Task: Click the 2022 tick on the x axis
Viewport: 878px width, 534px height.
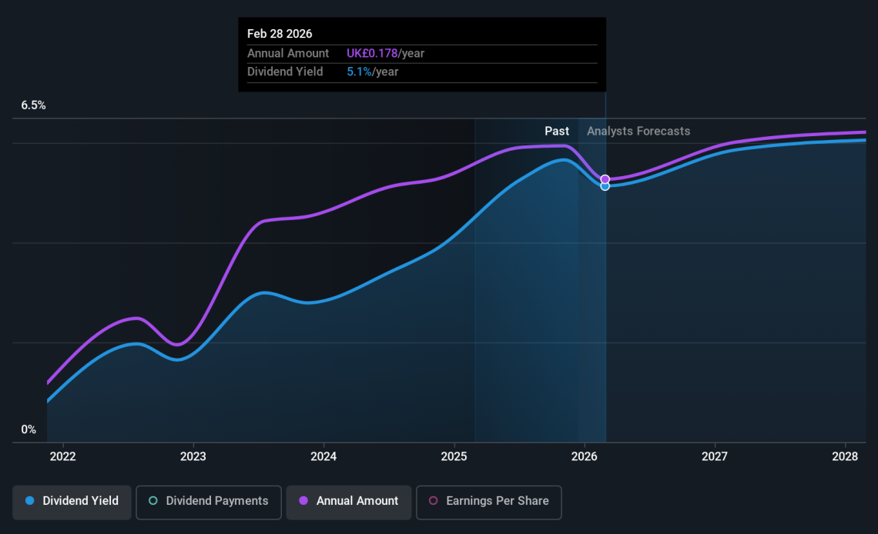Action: point(62,456)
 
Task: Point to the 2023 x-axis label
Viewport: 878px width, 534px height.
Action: point(193,456)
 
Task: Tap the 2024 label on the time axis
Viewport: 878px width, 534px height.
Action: point(323,456)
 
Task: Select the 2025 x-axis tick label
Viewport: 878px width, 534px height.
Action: point(454,456)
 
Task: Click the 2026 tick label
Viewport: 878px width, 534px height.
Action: point(585,456)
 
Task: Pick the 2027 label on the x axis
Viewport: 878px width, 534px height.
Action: point(715,456)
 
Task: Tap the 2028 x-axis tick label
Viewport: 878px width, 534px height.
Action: point(846,456)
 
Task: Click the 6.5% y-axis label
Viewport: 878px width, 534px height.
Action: point(33,105)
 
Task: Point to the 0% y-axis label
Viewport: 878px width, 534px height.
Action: point(28,429)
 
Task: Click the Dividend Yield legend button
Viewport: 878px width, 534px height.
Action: point(72,501)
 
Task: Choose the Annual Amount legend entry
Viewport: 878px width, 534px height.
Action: point(349,501)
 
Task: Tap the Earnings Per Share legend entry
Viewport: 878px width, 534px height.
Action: point(488,501)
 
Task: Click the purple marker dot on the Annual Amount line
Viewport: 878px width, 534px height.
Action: point(605,179)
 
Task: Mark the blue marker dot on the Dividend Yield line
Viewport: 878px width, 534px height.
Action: point(605,186)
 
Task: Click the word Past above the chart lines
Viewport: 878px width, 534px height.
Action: point(557,132)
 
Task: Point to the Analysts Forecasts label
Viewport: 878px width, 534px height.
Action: point(638,132)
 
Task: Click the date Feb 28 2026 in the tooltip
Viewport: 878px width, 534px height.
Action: point(280,34)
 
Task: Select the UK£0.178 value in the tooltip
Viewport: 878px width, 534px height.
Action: point(372,54)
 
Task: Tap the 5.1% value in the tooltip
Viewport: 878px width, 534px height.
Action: point(359,72)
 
